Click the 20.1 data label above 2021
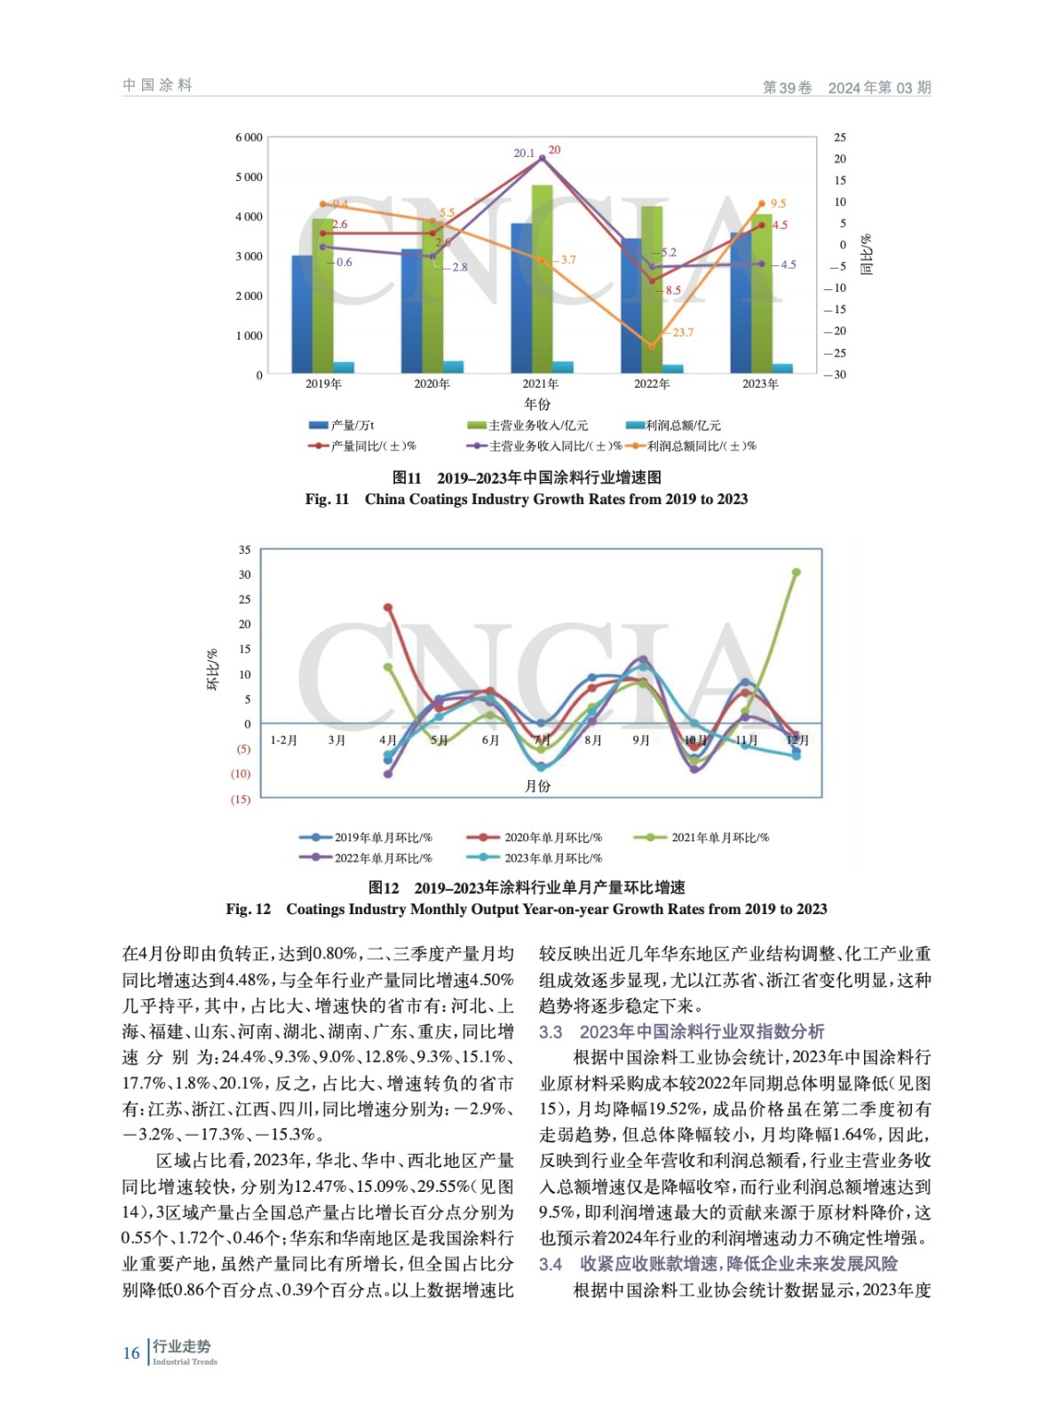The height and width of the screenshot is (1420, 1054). click(x=524, y=154)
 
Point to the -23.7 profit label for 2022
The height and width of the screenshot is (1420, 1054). click(x=681, y=333)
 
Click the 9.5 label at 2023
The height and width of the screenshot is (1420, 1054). click(x=778, y=204)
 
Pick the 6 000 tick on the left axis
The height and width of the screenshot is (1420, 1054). click(x=249, y=138)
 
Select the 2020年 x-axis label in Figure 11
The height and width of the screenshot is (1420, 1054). click(x=432, y=384)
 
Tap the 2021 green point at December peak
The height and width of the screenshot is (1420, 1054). click(x=796, y=572)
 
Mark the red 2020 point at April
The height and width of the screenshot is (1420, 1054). click(x=388, y=608)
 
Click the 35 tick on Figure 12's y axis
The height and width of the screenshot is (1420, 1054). click(x=244, y=550)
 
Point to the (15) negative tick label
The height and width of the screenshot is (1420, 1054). click(x=241, y=800)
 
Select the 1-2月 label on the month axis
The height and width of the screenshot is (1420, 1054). click(x=284, y=740)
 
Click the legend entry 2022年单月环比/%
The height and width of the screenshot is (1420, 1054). click(x=383, y=858)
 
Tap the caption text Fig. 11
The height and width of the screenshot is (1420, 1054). click(x=327, y=500)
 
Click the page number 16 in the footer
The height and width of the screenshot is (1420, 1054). click(x=131, y=1353)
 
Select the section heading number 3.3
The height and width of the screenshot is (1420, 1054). click(x=551, y=1032)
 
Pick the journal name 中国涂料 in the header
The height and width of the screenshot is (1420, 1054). click(x=158, y=85)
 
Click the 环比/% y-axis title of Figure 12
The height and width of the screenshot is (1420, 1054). click(x=213, y=670)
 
